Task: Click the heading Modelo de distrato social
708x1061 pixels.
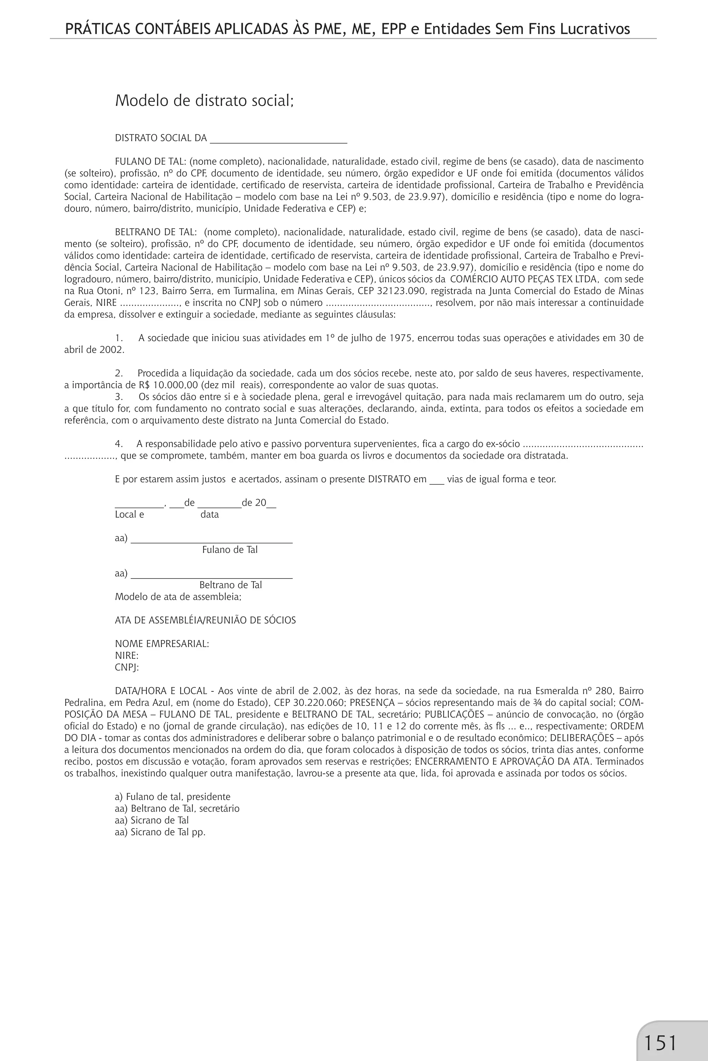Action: [x=204, y=100]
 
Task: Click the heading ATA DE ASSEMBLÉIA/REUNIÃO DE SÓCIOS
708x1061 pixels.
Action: [x=205, y=620]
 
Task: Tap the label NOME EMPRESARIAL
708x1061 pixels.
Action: [x=162, y=644]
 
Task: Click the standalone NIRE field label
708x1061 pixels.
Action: [x=127, y=656]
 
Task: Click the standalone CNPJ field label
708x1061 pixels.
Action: [x=127, y=667]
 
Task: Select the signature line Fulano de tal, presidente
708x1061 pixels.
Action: [x=173, y=797]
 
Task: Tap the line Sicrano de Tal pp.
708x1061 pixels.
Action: [x=160, y=832]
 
